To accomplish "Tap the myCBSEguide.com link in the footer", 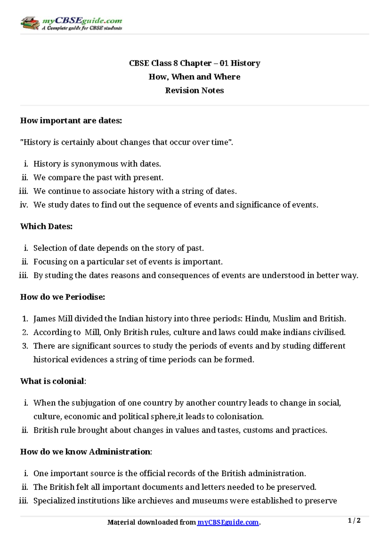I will point(228,522).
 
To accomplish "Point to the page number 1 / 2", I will point(354,521).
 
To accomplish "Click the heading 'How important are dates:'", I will point(71,121).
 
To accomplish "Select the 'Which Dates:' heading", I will point(46,226).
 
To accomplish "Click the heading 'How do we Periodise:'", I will point(63,297).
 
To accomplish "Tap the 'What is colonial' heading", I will point(52,381).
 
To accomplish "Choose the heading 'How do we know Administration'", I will point(85,452).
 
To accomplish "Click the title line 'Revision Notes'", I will point(194,90).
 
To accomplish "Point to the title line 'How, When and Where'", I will point(194,77).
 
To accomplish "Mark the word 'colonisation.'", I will point(240,417).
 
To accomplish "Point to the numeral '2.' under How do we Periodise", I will point(25,332).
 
